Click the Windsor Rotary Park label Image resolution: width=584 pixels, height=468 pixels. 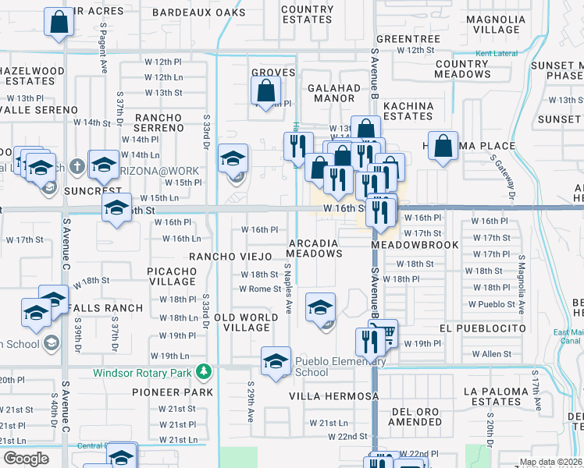(144, 372)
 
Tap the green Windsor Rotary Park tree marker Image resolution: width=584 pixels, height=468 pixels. (205, 370)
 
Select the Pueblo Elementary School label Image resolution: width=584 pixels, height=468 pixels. (340, 367)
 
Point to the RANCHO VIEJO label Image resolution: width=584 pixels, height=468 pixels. (229, 256)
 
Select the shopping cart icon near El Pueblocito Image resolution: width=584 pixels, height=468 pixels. (383, 334)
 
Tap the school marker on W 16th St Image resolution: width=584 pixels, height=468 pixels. (116, 208)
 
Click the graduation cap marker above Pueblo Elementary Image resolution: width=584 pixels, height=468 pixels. (320, 308)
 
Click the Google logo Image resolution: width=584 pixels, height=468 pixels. (25, 459)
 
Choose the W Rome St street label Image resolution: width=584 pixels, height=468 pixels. (259, 289)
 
